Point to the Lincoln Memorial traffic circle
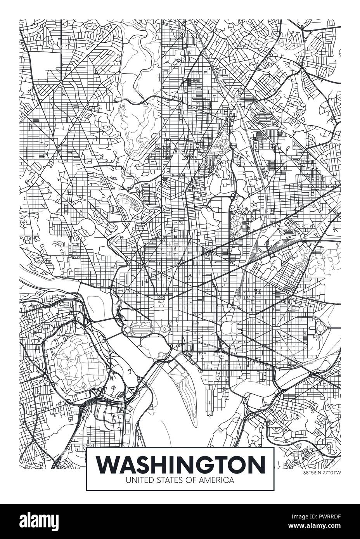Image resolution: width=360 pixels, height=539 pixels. click(x=127, y=330)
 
